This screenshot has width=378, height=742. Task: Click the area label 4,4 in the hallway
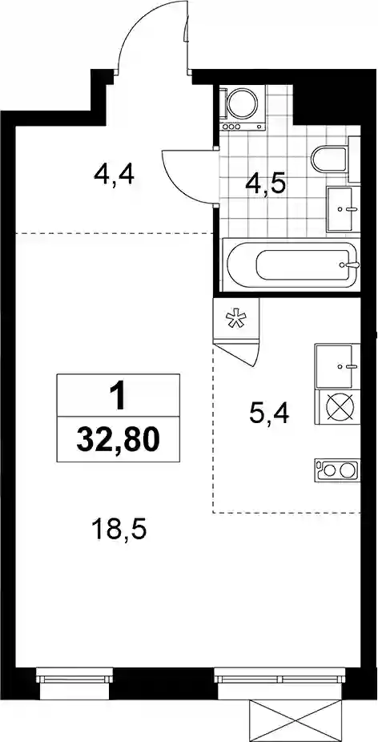115,175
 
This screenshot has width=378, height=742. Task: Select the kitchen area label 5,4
270,414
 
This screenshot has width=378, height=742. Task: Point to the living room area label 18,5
120,530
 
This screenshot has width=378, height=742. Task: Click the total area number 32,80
118,441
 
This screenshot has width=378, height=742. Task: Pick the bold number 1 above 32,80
119,397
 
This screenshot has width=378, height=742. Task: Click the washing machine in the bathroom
242,108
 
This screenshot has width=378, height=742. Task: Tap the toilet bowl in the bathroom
330,159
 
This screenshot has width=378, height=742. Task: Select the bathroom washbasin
340,208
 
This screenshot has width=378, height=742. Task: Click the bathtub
291,265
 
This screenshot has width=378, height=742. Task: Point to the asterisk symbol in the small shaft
236,320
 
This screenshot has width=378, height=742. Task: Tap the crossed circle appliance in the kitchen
340,407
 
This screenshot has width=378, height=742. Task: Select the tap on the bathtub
351,265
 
